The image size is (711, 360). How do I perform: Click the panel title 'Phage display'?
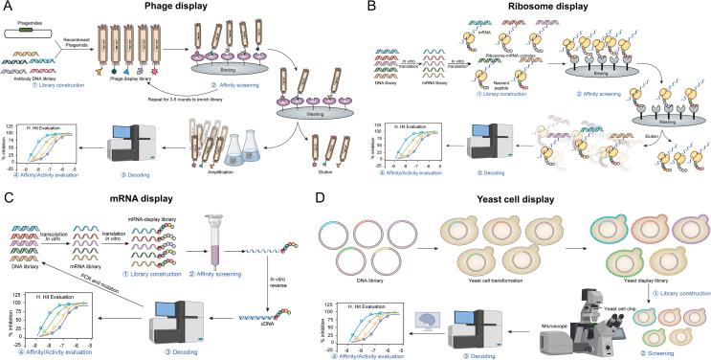pyautogui.click(x=177, y=10)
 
